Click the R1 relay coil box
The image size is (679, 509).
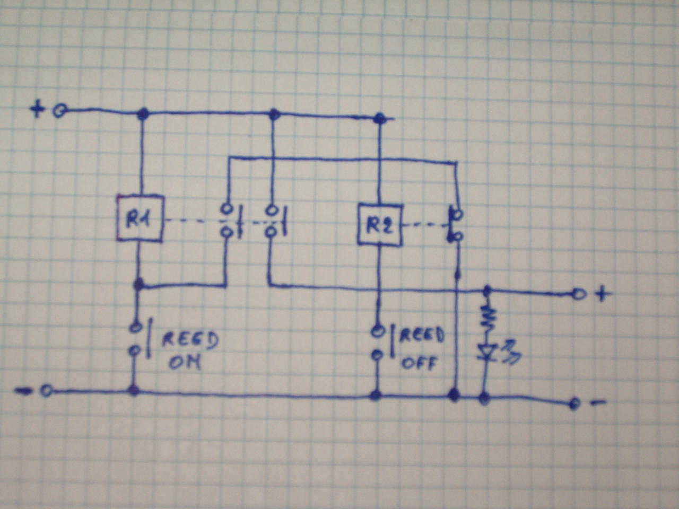(139, 218)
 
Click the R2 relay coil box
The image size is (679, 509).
(380, 225)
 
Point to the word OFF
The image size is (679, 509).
(419, 363)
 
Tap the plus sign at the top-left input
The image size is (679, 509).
(37, 110)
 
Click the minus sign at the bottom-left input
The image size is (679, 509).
(23, 391)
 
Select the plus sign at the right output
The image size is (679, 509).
(602, 294)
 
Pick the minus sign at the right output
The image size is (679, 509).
(598, 403)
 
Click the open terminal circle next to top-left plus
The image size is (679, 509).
(59, 111)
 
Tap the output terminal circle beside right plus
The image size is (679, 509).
(578, 294)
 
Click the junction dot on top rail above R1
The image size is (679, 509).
(142, 113)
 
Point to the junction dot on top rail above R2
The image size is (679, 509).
(379, 118)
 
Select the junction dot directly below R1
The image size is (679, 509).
(139, 285)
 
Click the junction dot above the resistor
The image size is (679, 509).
(487, 291)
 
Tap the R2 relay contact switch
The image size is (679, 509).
(455, 226)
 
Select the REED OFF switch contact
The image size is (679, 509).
(378, 343)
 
